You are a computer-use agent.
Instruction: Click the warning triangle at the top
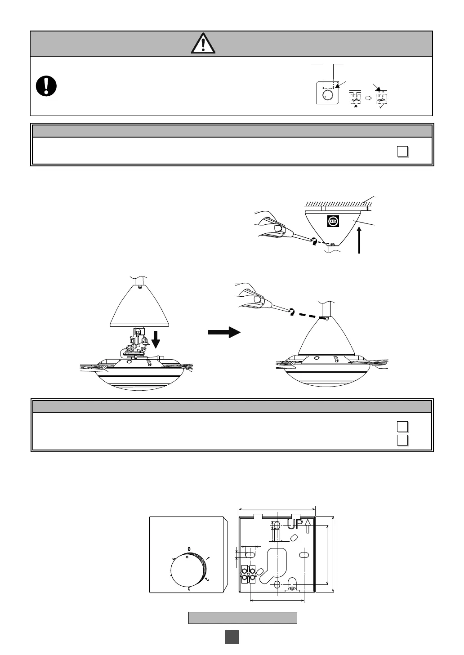pos(203,44)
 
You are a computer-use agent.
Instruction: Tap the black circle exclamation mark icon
pos(46,85)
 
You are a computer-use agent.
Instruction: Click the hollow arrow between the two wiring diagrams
pos(368,97)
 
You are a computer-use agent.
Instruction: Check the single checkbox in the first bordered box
pos(402,152)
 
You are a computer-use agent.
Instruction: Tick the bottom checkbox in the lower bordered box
pos(402,439)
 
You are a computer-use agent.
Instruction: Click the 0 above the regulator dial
pos(189,549)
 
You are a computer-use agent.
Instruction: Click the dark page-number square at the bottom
pos(232,637)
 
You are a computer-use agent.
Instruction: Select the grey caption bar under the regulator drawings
pos(242,618)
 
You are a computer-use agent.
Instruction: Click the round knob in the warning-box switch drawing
pos(328,95)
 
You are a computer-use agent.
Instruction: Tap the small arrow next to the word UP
pos(308,525)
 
